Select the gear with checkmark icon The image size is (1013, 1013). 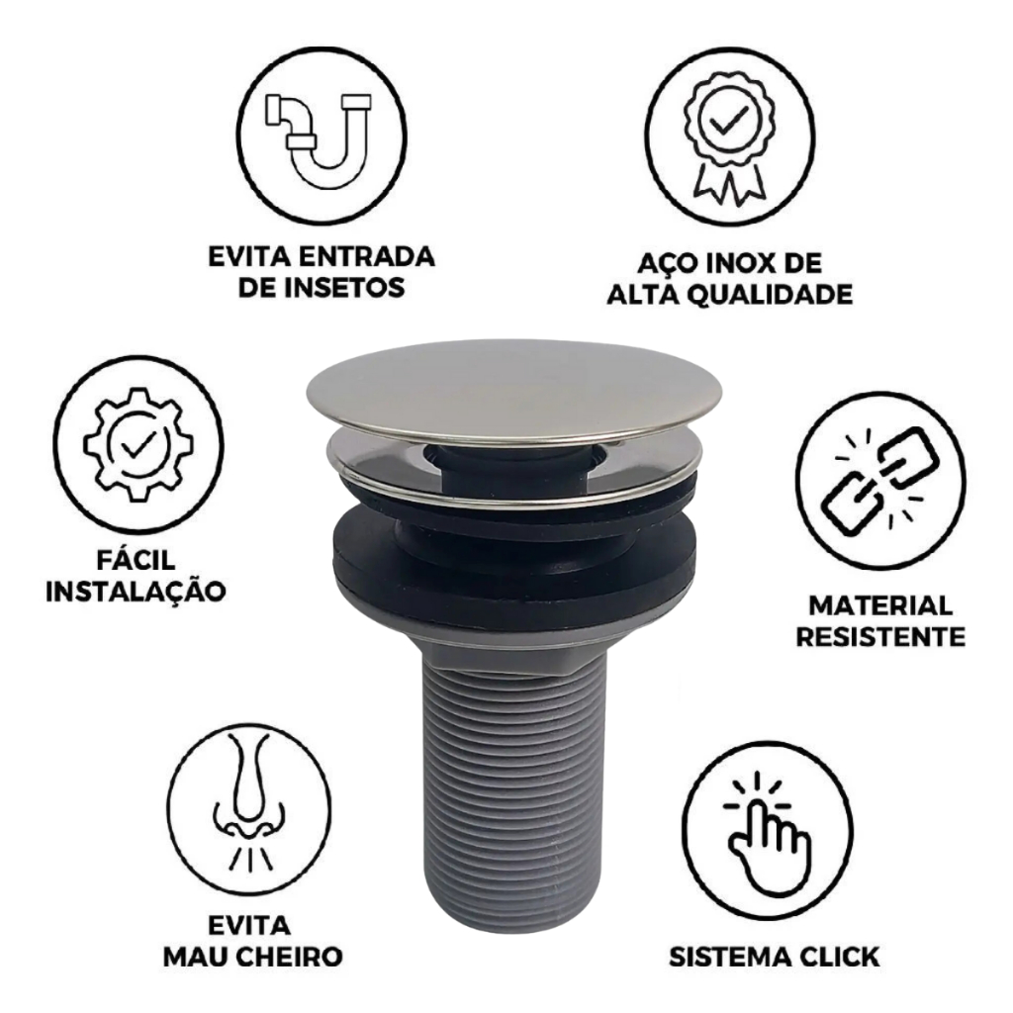[x=138, y=444]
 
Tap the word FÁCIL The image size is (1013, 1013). [x=136, y=560]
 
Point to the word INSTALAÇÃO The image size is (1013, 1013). [x=136, y=592]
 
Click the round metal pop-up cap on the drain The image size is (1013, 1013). [x=514, y=387]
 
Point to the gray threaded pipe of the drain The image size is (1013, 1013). [x=514, y=788]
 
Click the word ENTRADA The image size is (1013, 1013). [x=368, y=256]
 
